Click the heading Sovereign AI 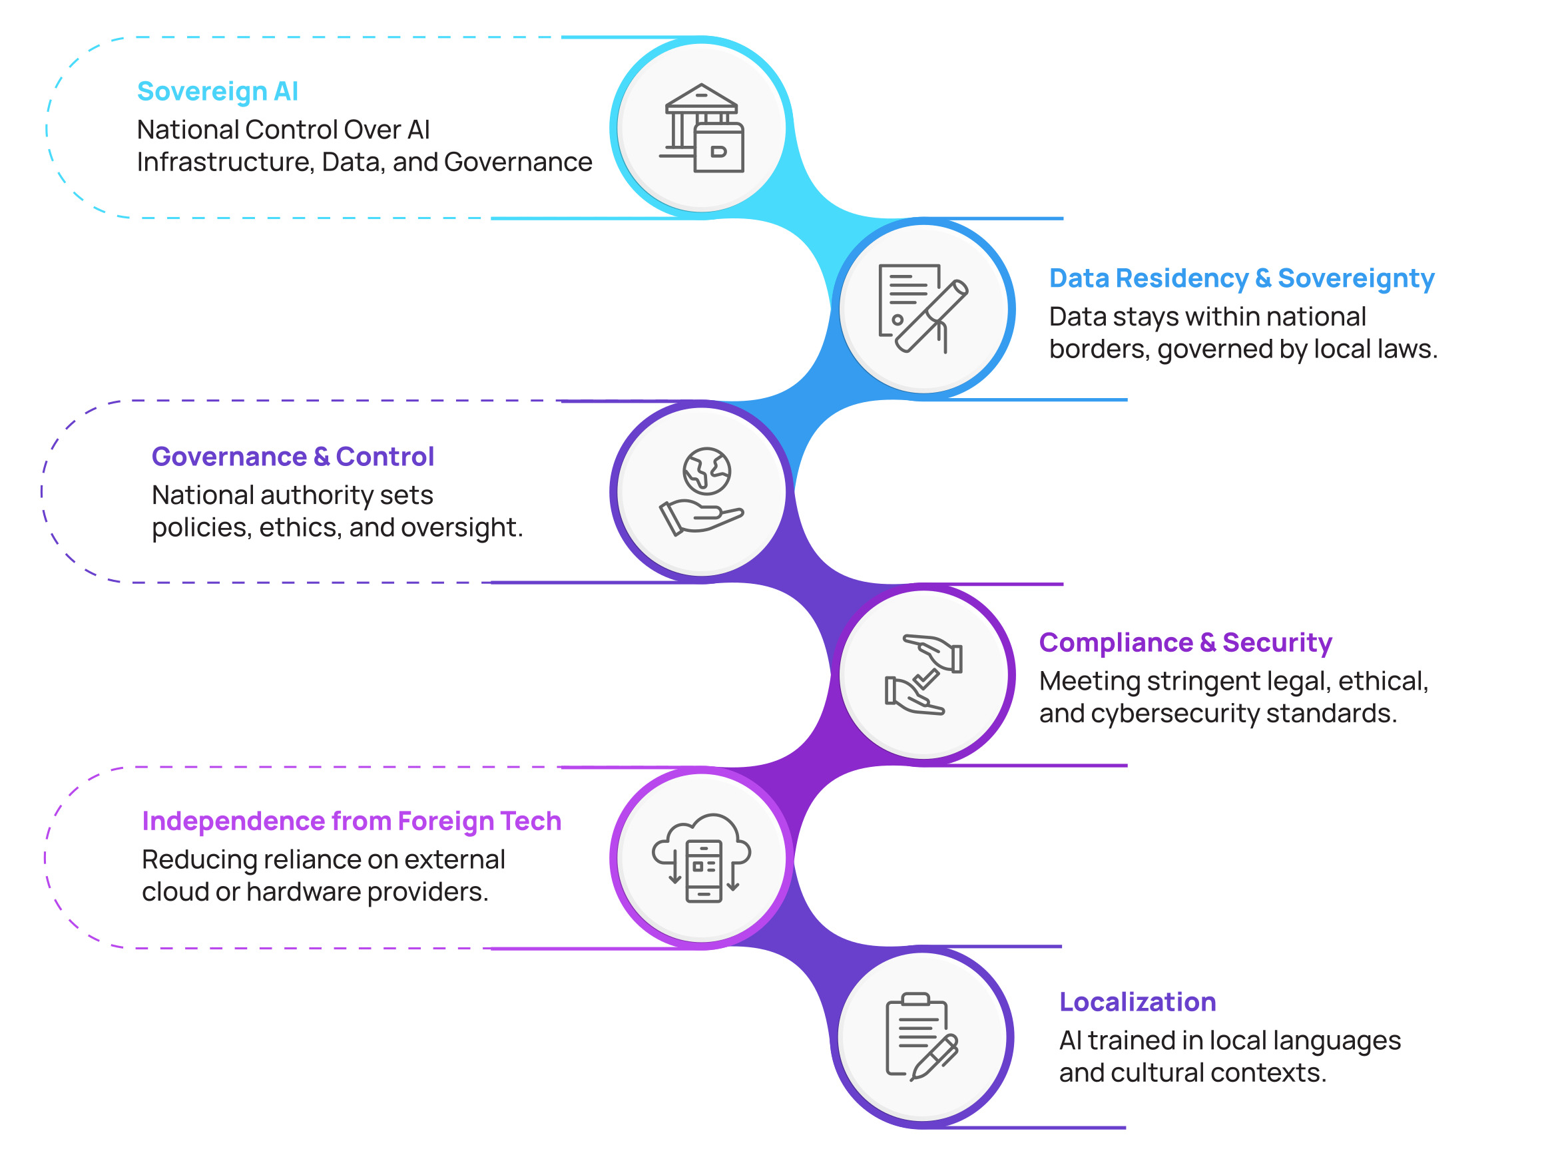pos(217,92)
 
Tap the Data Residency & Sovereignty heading pos(1241,278)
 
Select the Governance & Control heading pos(293,457)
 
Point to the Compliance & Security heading pos(1184,642)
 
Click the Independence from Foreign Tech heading pos(351,821)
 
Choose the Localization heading pos(1137,1001)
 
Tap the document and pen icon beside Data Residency pos(922,309)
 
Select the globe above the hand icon pos(706,471)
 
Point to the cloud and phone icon pos(702,857)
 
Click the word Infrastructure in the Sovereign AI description pos(224,162)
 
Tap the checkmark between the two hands pos(926,679)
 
